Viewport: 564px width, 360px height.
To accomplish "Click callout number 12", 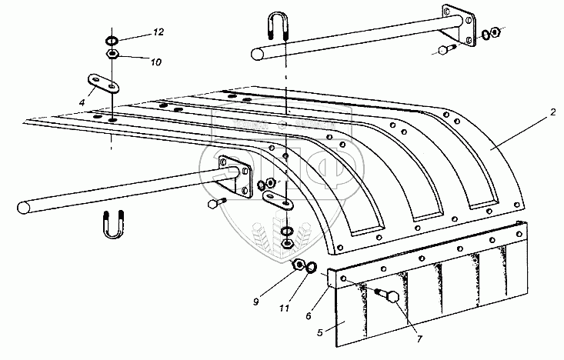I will [158, 32].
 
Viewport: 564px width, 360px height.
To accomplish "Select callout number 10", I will [158, 62].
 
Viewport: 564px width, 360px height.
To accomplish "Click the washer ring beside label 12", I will [112, 42].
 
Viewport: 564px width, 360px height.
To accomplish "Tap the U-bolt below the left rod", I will [112, 224].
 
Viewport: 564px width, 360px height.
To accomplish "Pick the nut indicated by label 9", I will [298, 265].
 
